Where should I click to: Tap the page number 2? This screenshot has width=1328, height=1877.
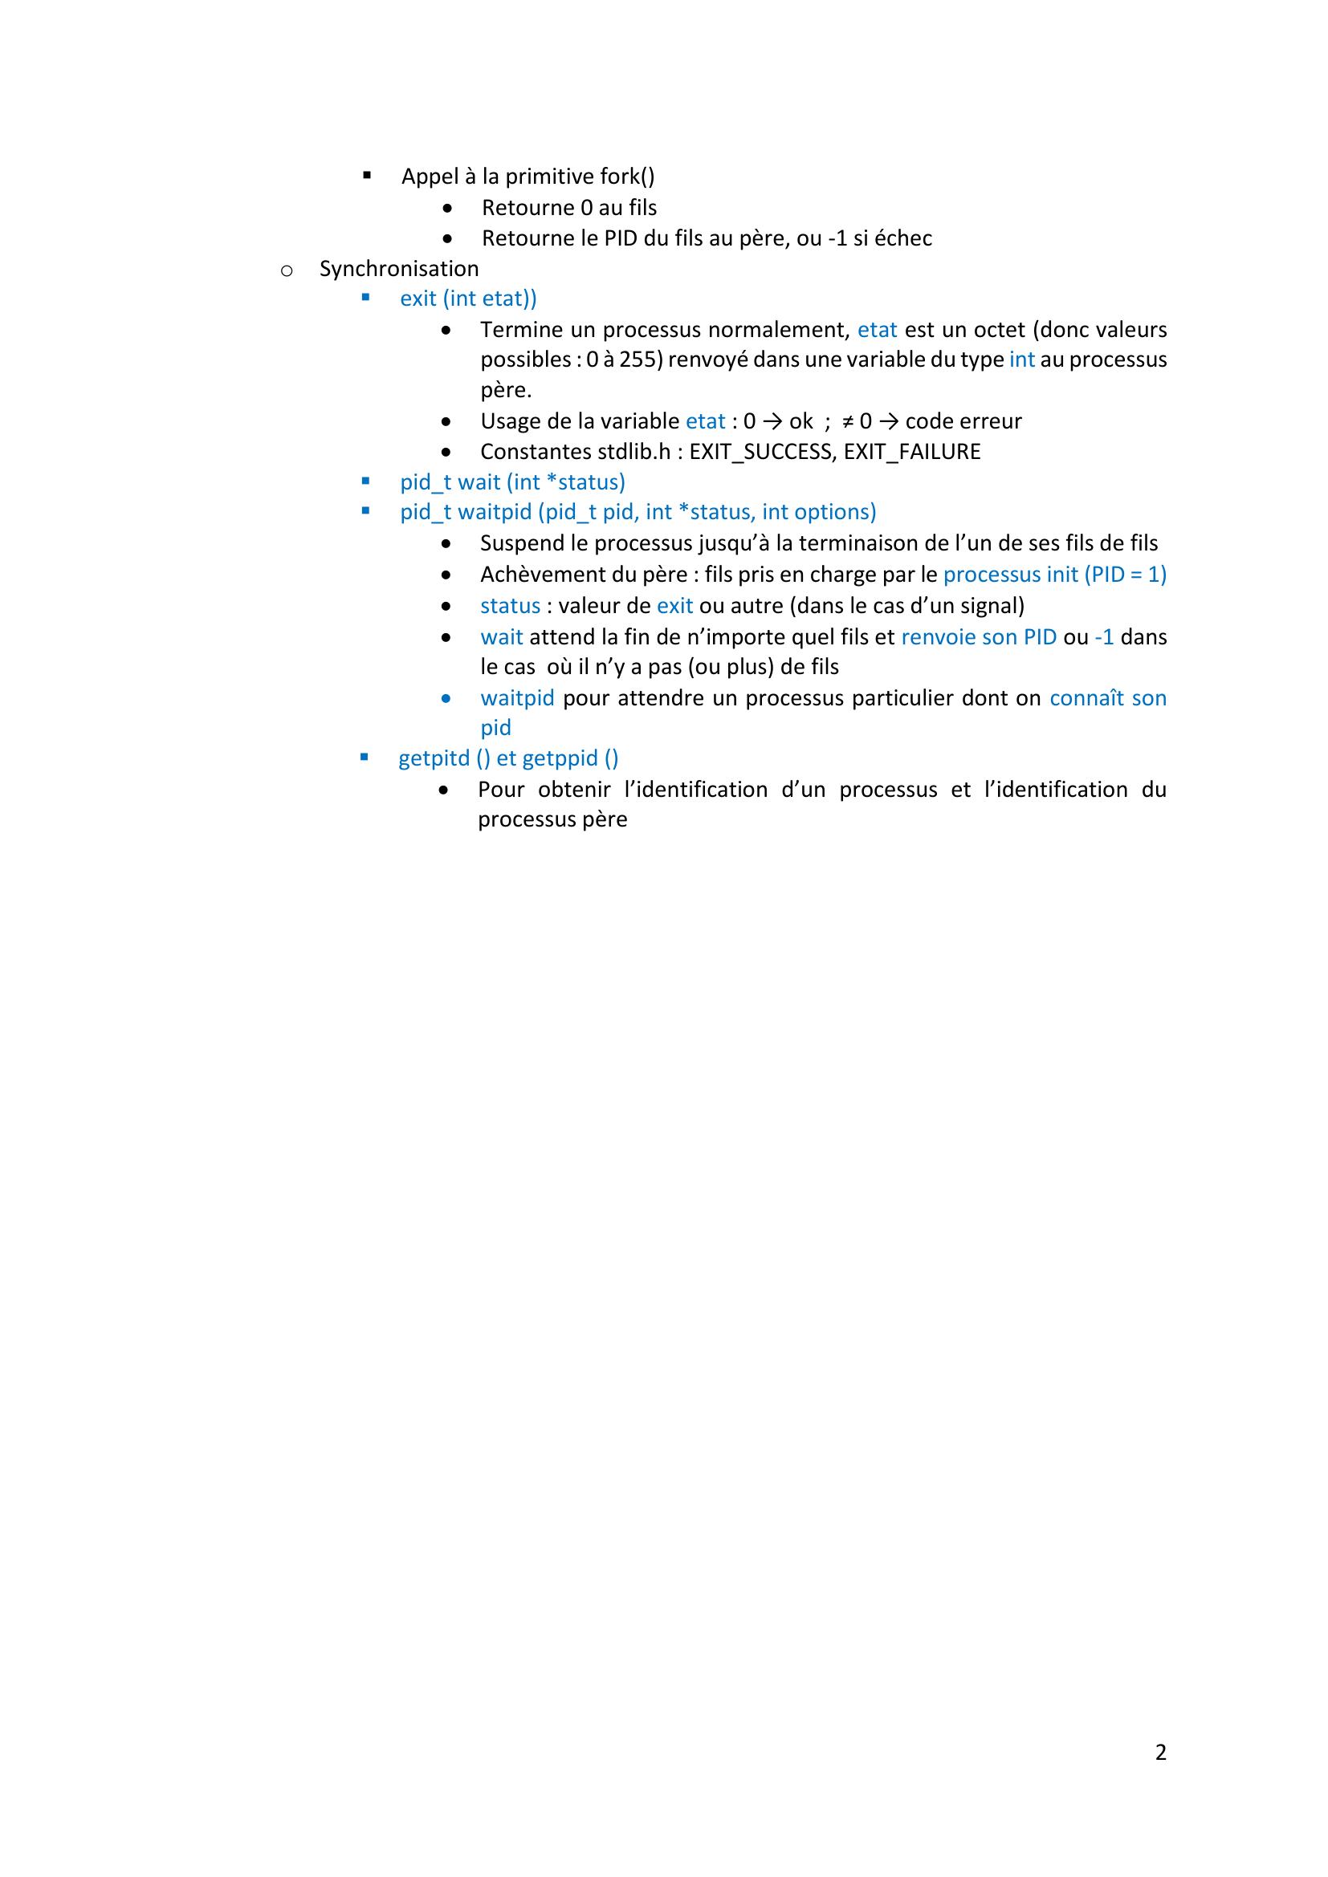click(x=1160, y=1752)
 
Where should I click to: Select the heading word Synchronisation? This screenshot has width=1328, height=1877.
click(x=399, y=269)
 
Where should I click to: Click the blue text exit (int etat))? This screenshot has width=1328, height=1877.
click(x=468, y=299)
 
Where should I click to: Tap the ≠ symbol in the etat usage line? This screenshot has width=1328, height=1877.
click(x=848, y=422)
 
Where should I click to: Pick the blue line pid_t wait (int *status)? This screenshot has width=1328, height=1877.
click(x=512, y=482)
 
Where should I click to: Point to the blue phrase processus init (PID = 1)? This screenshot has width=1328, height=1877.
click(x=1054, y=575)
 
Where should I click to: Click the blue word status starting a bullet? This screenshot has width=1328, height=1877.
click(x=511, y=606)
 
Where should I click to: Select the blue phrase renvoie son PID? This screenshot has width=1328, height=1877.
click(x=978, y=637)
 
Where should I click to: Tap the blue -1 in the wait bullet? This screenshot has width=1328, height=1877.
click(x=1104, y=637)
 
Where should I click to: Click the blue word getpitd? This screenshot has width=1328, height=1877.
click(x=434, y=758)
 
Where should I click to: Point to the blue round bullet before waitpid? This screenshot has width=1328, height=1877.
click(x=446, y=699)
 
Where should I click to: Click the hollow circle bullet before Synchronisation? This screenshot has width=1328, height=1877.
click(x=286, y=270)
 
